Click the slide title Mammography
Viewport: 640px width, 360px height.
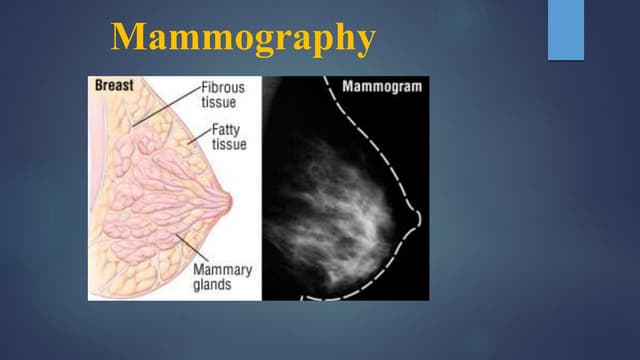point(243,38)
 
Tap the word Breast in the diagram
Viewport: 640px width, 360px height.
point(114,86)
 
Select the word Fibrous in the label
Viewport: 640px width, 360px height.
point(223,88)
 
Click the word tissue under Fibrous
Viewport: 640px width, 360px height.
point(220,102)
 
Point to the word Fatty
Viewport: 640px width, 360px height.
point(226,130)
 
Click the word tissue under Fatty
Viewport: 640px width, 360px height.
point(229,144)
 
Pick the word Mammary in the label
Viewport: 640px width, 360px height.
point(222,270)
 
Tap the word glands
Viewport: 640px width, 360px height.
point(214,285)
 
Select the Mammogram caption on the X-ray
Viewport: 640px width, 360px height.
point(382,86)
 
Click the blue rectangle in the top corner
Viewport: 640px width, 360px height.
point(565,29)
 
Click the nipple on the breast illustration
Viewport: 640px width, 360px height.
point(229,201)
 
